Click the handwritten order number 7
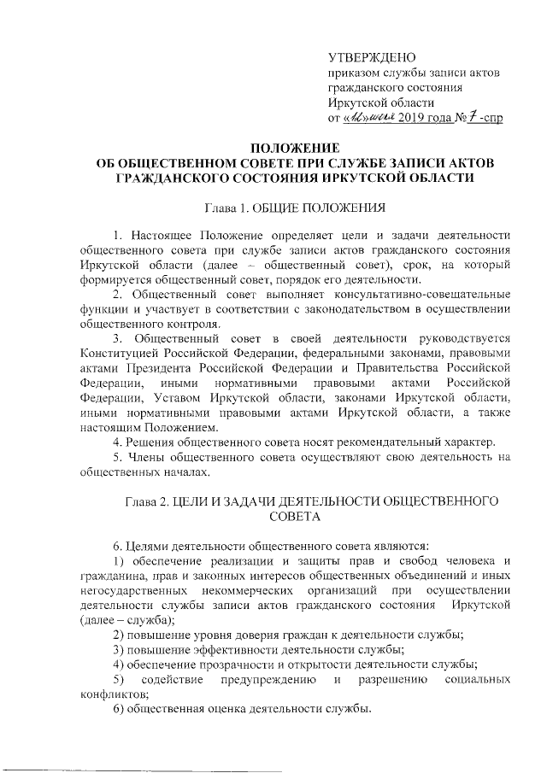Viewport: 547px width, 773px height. point(468,115)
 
